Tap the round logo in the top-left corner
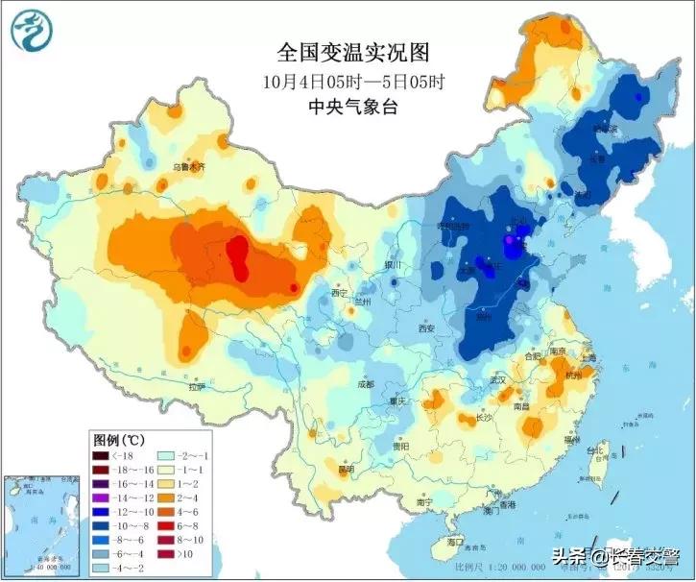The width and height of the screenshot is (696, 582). (x=32, y=30)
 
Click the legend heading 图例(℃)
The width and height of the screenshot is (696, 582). (x=120, y=439)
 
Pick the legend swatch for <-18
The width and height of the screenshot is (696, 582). (x=102, y=456)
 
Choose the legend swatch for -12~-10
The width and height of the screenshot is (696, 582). (x=102, y=513)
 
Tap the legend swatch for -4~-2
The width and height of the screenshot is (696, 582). (x=102, y=569)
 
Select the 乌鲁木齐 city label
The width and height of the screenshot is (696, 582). (x=188, y=166)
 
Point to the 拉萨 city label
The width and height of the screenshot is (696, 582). (x=197, y=387)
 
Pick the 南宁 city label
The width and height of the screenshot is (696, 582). (x=425, y=501)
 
